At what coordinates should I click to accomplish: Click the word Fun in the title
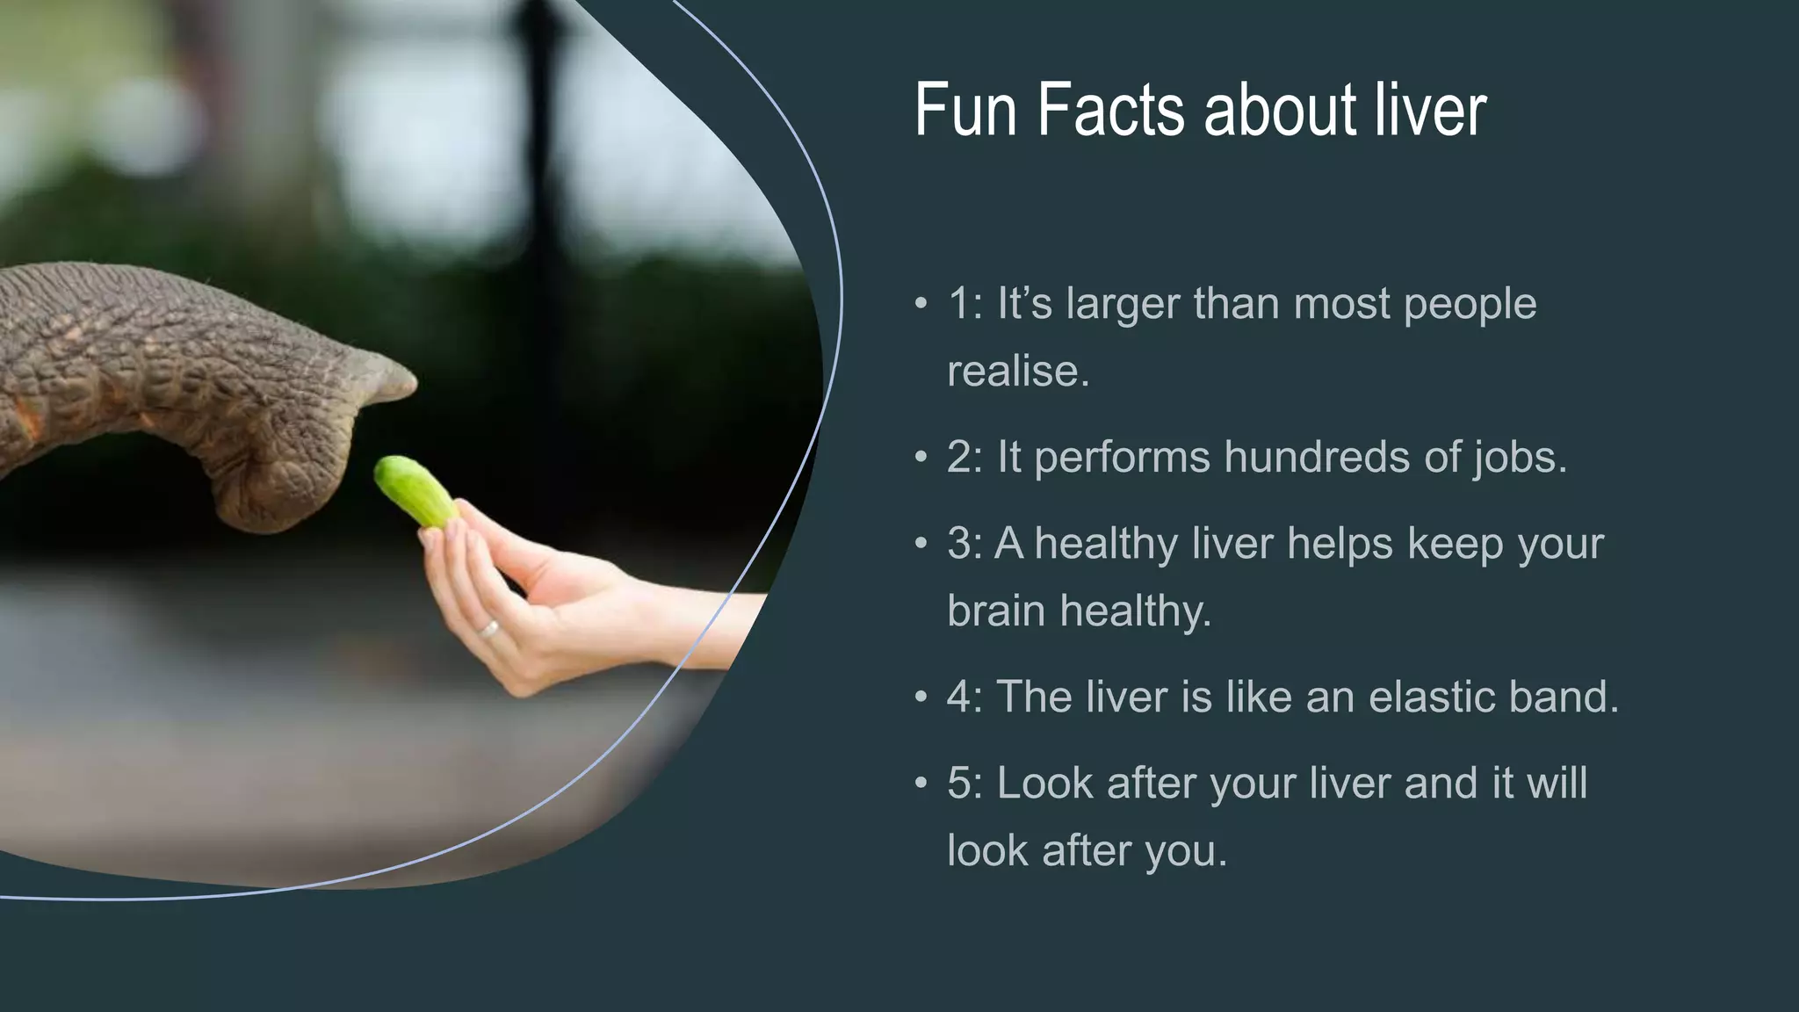(x=965, y=111)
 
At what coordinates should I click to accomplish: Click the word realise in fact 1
(x=1016, y=372)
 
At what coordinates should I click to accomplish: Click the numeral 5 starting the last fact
(x=959, y=783)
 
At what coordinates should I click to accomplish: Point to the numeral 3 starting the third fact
(x=959, y=544)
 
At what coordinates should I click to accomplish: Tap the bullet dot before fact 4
(x=921, y=698)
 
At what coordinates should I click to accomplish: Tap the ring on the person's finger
(x=488, y=629)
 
